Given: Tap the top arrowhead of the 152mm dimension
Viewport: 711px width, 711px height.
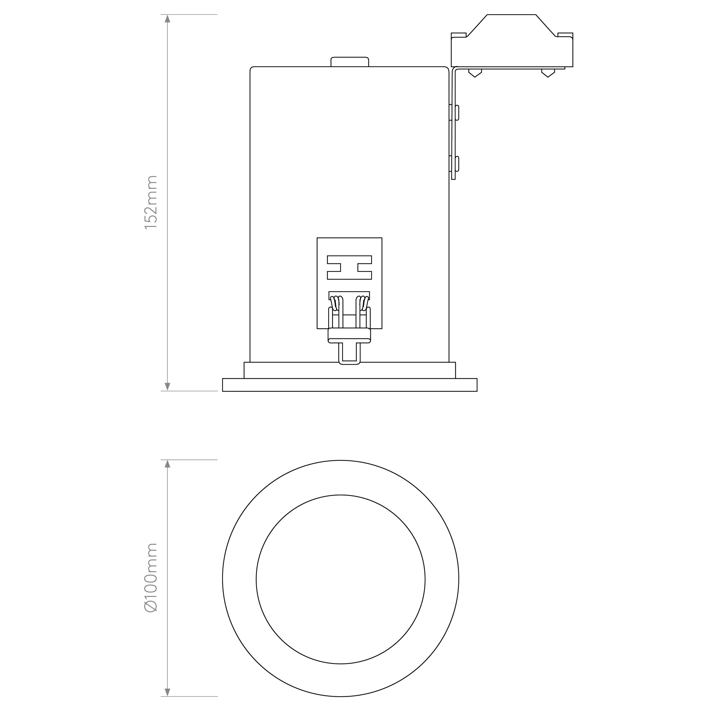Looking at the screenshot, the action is point(167,19).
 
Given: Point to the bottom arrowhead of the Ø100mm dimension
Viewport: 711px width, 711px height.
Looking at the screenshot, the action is point(167,692).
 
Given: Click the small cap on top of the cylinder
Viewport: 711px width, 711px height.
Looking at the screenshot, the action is point(350,62).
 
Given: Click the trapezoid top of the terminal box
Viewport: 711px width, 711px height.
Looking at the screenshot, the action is point(512,26).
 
